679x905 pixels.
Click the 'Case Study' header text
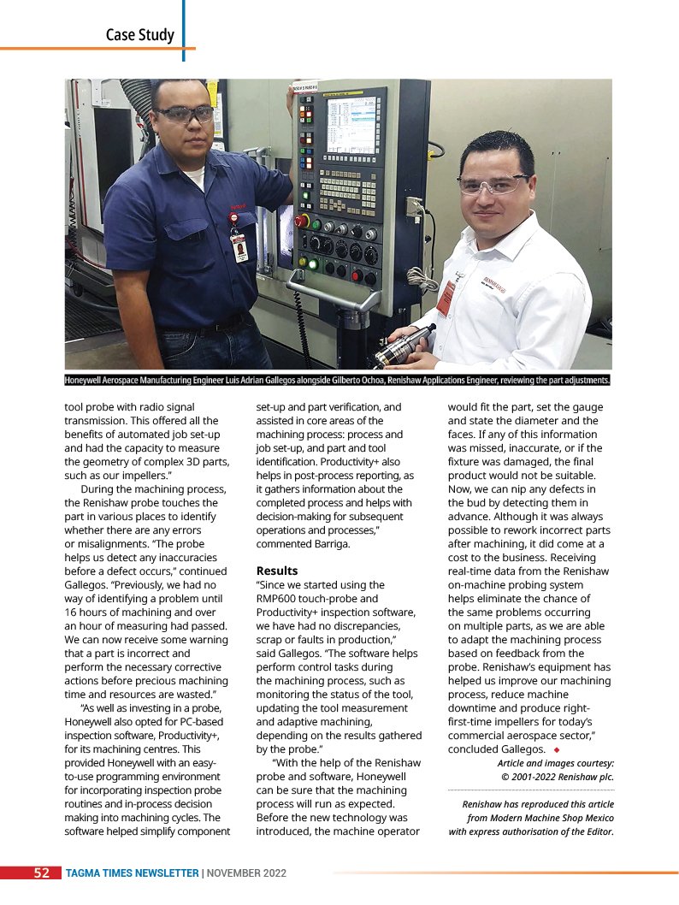pos(139,35)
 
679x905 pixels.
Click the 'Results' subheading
pos(277,571)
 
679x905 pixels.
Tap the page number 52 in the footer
pos(41,872)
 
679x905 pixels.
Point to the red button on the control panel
pos(301,220)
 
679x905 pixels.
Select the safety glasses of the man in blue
pos(184,113)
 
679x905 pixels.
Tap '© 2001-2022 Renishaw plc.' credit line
pos(557,778)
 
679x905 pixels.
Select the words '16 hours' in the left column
pos(89,612)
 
